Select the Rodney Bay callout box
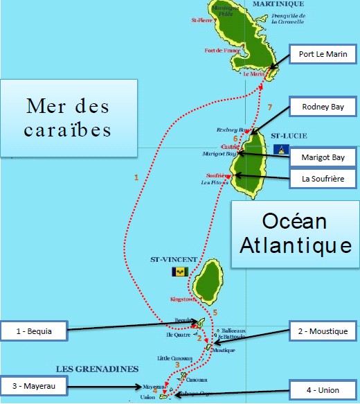click(x=323, y=107)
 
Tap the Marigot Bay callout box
click(x=323, y=157)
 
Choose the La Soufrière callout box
click(x=323, y=178)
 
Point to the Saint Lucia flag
click(x=282, y=149)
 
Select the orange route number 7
click(x=269, y=107)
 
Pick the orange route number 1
click(x=136, y=178)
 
